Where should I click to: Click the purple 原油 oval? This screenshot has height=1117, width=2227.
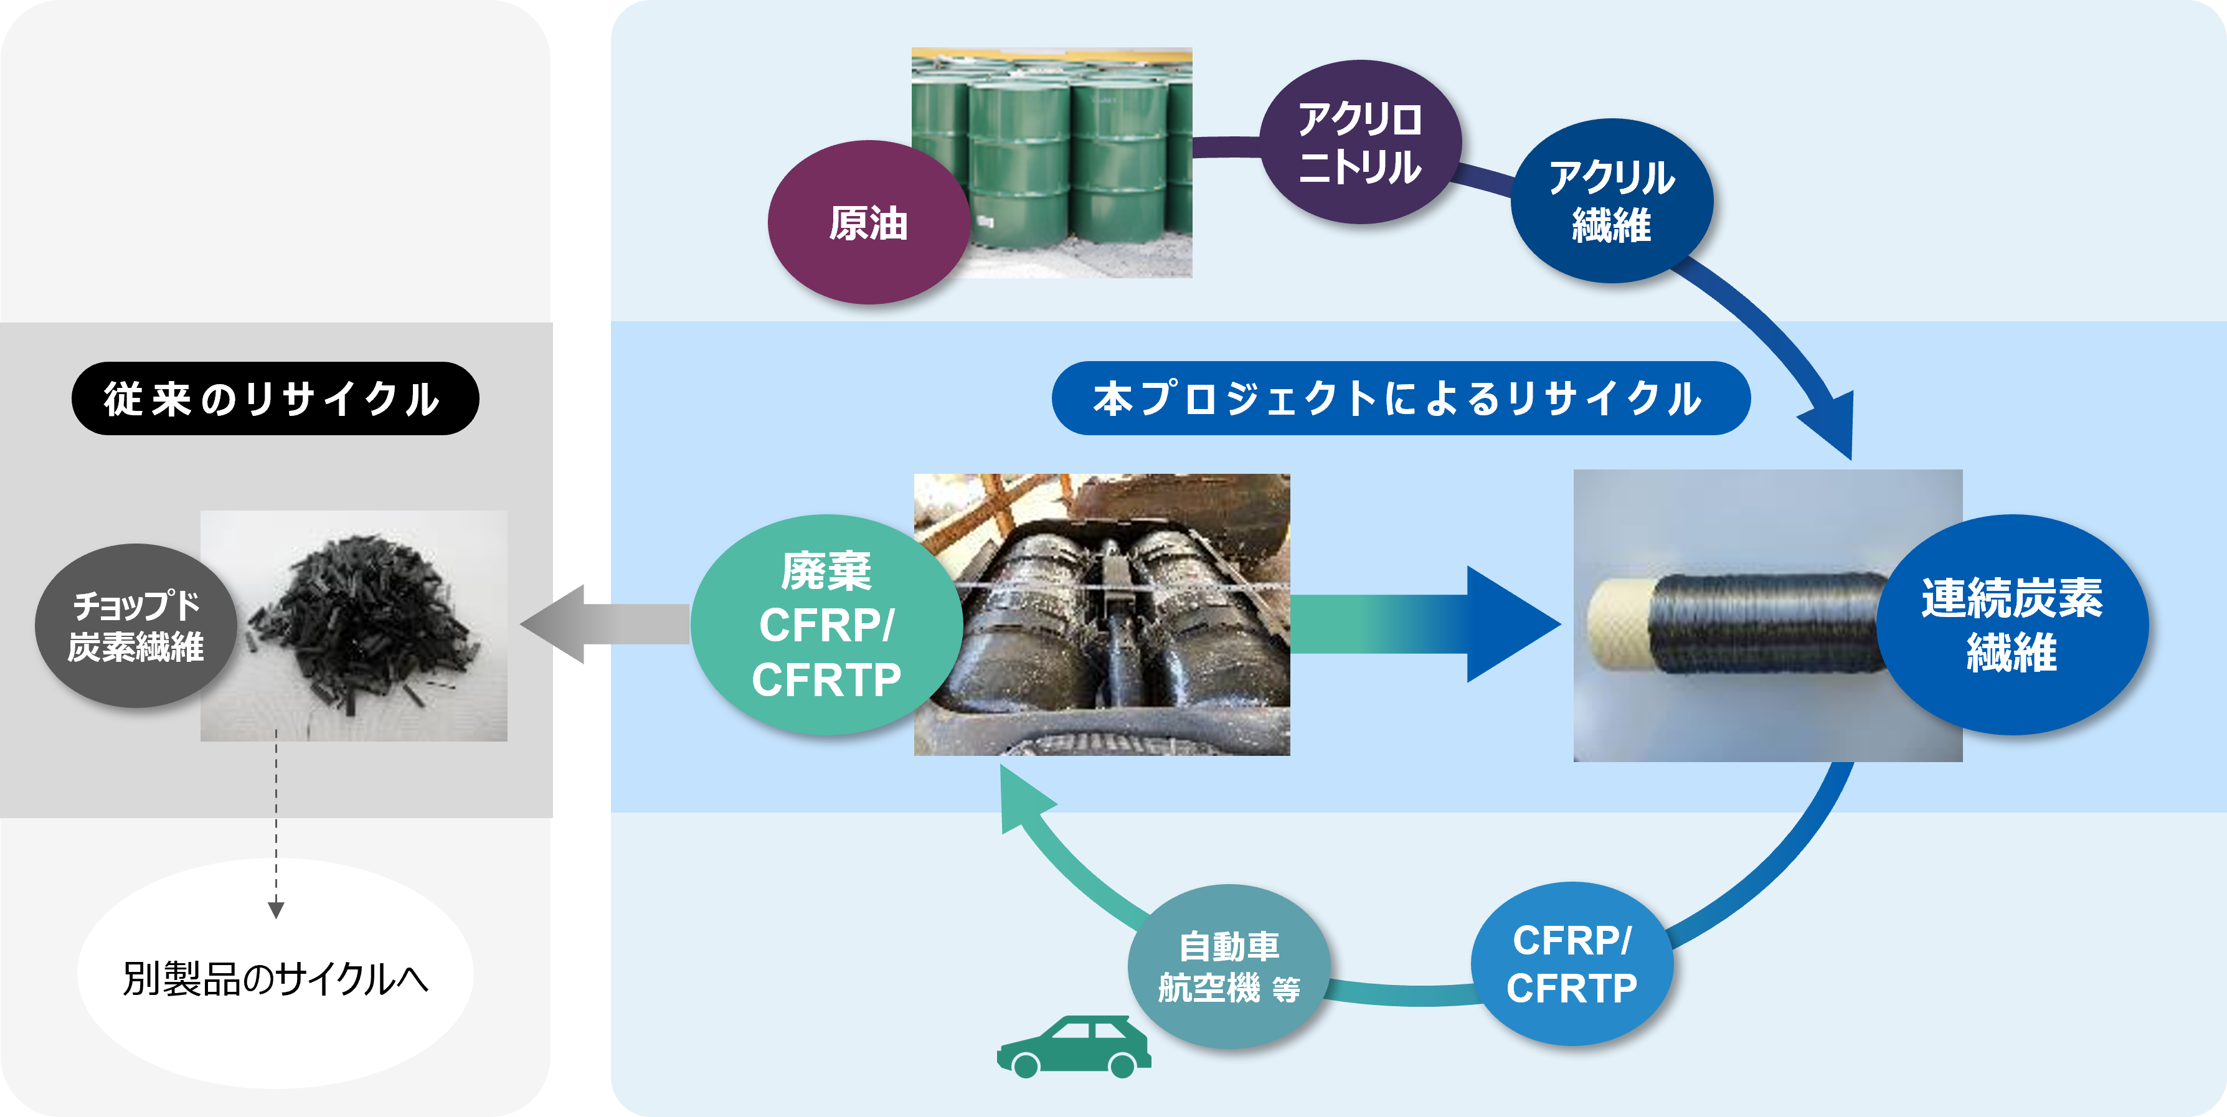867,222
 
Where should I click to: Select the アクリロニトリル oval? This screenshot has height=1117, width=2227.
1360,143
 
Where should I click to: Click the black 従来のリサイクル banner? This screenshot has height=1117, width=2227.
275,398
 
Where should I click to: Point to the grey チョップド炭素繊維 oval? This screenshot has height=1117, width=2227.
136,626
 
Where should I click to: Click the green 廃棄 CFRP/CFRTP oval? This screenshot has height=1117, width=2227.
826,625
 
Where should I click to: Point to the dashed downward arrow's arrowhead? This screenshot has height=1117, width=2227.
276,910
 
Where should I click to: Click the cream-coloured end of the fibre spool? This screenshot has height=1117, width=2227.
1619,624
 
